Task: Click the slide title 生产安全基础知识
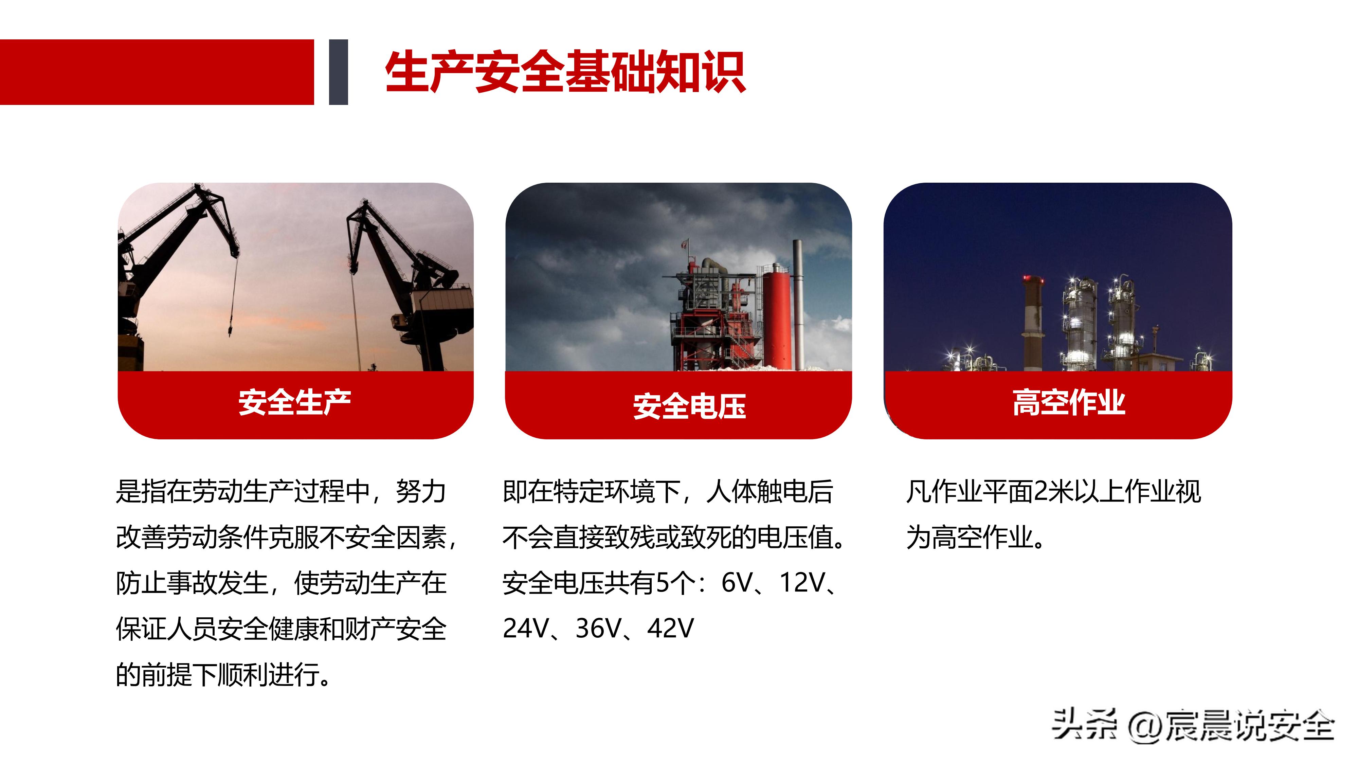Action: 565,72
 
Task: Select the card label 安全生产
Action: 295,403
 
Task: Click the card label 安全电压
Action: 689,406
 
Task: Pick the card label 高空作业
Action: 1069,403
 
